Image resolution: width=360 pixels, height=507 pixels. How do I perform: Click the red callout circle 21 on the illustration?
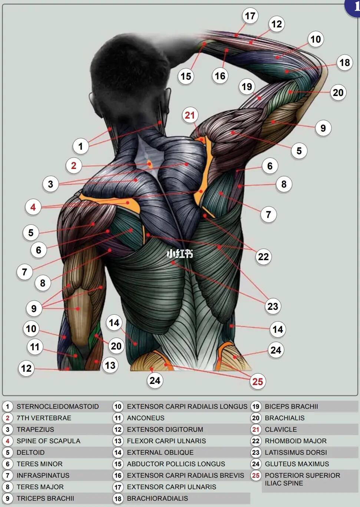[x=190, y=115]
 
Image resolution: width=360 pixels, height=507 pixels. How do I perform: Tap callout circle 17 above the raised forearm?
[x=250, y=16]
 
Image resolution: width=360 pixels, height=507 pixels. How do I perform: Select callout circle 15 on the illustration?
[x=186, y=76]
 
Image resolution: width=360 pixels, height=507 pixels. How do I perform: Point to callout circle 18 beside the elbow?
[x=344, y=63]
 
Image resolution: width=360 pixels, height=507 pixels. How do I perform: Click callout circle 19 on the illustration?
[x=247, y=87]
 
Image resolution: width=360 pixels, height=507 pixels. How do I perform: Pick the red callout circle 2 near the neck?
[x=74, y=165]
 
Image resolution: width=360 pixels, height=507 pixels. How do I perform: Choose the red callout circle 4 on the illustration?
[x=33, y=207]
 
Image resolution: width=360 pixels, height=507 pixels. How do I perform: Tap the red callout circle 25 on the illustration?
[x=257, y=381]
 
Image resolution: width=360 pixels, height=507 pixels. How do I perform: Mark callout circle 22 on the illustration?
[x=263, y=256]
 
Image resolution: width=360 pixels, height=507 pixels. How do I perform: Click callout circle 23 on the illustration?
[x=273, y=306]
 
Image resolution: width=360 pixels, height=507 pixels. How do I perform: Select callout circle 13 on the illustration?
[x=110, y=365]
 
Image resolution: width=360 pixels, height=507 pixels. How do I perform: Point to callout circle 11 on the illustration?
[x=35, y=347]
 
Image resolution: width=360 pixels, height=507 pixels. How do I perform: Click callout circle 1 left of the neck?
[x=80, y=146]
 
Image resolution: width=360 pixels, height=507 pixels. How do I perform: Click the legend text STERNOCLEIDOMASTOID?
[x=57, y=407]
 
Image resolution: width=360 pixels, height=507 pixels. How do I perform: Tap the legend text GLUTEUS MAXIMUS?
[x=297, y=464]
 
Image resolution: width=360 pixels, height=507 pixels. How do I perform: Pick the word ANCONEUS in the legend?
[x=145, y=418]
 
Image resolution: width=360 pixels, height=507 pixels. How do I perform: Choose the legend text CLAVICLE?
[x=281, y=430]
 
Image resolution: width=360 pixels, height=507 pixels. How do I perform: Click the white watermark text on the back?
[x=180, y=254]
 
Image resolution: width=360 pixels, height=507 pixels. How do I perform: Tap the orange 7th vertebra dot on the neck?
[x=150, y=163]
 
